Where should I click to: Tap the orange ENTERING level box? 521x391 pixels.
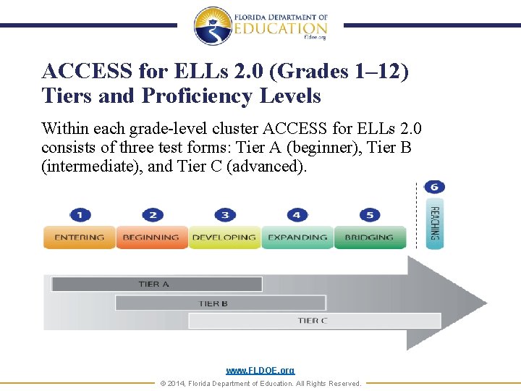79,237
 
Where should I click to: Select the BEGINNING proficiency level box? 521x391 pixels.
151,237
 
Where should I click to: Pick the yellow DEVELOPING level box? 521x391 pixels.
224,237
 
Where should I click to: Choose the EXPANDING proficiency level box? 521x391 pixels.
297,237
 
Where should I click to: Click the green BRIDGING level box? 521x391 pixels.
369,237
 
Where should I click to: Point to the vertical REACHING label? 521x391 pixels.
434,224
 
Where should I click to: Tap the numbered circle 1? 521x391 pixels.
80,215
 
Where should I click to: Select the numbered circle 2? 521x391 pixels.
153,215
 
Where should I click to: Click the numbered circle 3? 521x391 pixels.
225,215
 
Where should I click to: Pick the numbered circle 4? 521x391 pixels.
297,215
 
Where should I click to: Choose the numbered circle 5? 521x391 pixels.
369,215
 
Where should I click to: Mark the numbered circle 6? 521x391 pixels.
434,187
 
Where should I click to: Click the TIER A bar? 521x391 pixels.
156,284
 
